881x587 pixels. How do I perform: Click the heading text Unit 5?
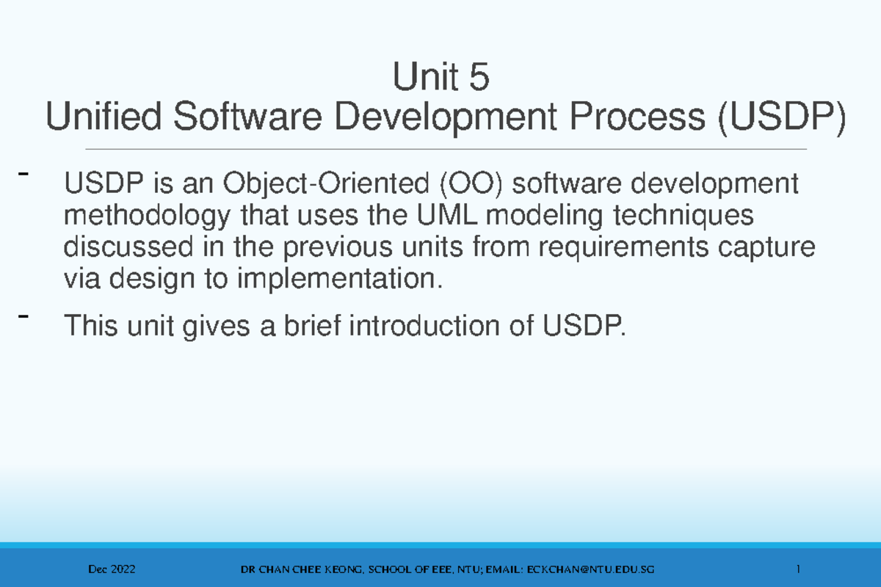click(440, 78)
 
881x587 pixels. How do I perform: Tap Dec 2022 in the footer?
click(111, 570)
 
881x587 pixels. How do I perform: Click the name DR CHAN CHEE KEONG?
click(298, 570)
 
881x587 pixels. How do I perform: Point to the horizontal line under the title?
click(440, 149)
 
